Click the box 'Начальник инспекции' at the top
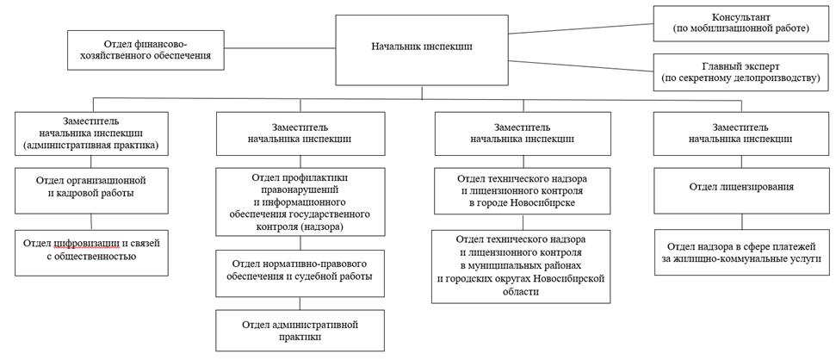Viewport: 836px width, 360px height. pyautogui.click(x=422, y=47)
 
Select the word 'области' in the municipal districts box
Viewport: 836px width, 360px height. pyautogui.click(x=522, y=292)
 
